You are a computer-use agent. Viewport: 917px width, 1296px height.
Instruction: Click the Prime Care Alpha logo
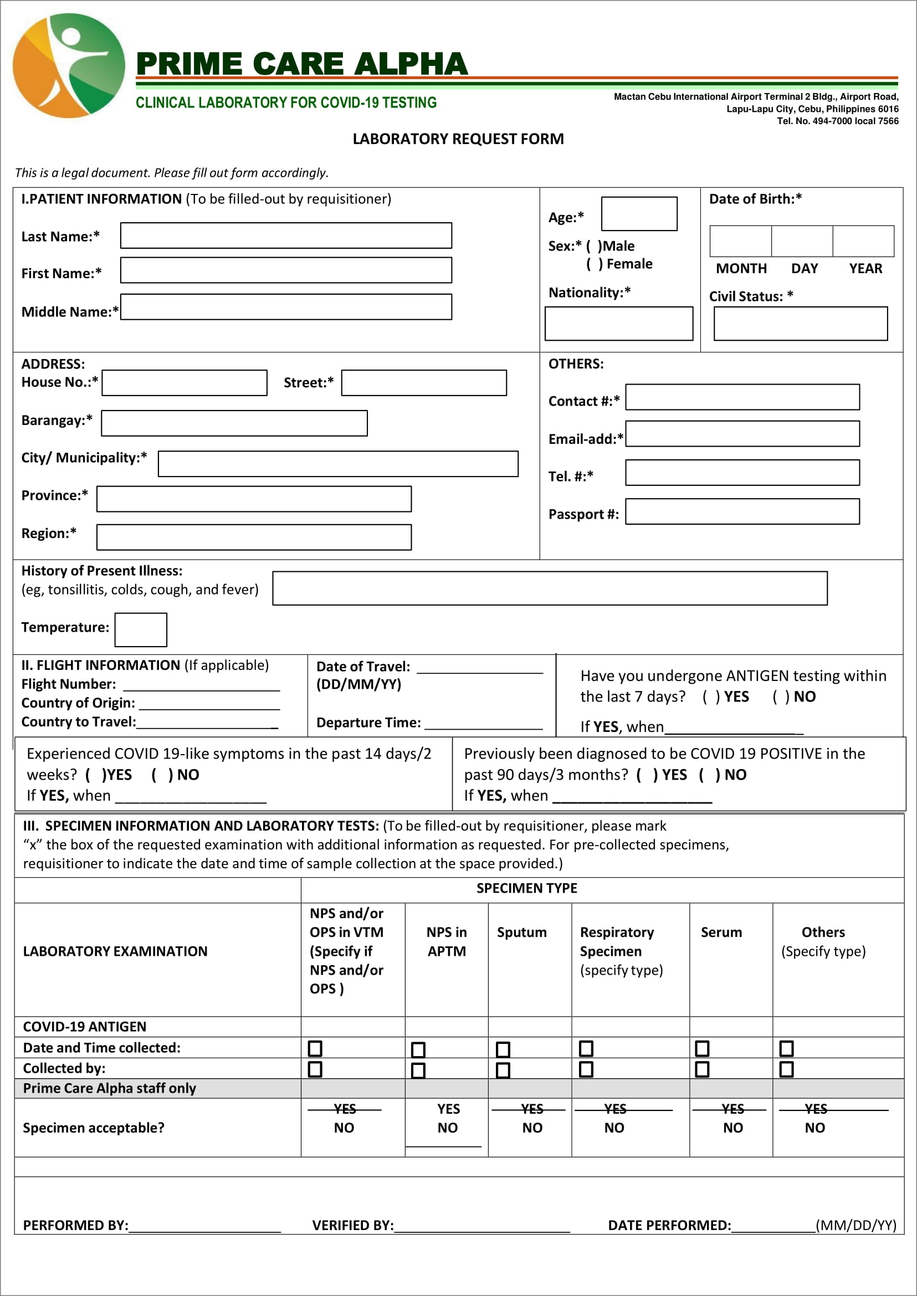pyautogui.click(x=69, y=65)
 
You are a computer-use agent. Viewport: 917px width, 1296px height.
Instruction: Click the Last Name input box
pyautogui.click(x=286, y=235)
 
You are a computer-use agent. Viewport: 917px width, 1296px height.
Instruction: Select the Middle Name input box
pyautogui.click(x=286, y=306)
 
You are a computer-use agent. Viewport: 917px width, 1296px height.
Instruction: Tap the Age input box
pyautogui.click(x=639, y=213)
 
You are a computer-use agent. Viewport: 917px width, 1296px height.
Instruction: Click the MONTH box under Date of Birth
pyautogui.click(x=740, y=241)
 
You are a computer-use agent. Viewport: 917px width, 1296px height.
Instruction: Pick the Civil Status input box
pyautogui.click(x=800, y=324)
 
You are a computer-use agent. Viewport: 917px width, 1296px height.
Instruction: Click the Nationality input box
pyautogui.click(x=618, y=324)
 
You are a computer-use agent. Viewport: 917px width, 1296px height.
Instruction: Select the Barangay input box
pyautogui.click(x=234, y=423)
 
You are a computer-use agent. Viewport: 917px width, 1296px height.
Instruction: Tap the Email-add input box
pyautogui.click(x=742, y=434)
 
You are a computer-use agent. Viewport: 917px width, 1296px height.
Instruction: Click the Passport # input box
pyautogui.click(x=742, y=511)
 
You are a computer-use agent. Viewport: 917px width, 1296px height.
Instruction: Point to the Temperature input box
pyautogui.click(x=141, y=629)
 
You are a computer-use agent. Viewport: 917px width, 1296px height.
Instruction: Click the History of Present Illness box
pyautogui.click(x=550, y=588)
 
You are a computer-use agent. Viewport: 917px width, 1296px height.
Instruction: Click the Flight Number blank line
pyautogui.click(x=202, y=685)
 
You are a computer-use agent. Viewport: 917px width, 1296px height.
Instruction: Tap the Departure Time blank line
pyautogui.click(x=483, y=724)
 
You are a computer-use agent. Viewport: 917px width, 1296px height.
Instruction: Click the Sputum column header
pyautogui.click(x=521, y=933)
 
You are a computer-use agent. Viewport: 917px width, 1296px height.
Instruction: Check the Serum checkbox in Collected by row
pyautogui.click(x=702, y=1069)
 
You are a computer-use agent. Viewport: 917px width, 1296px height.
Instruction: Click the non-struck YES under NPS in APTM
pyautogui.click(x=448, y=1109)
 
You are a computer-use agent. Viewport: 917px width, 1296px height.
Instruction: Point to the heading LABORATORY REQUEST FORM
pyautogui.click(x=458, y=139)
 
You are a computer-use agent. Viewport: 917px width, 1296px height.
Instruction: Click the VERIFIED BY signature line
pyautogui.click(x=481, y=1226)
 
